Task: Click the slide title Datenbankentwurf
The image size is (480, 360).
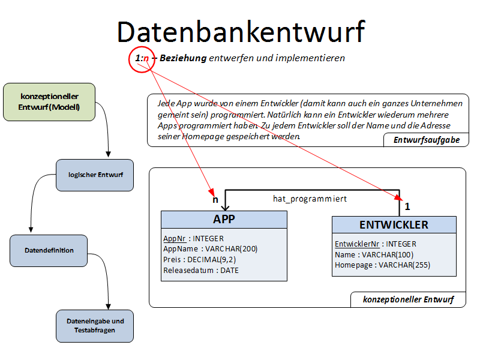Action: click(x=240, y=31)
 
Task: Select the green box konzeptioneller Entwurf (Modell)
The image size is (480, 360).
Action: click(x=49, y=102)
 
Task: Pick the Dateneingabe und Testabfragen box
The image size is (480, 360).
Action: click(x=95, y=326)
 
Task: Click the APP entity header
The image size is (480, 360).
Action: click(x=224, y=220)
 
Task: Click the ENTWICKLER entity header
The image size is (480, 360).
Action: click(x=394, y=225)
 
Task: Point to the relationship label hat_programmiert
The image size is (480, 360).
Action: click(x=310, y=198)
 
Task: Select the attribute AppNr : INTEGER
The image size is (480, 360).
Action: click(x=193, y=238)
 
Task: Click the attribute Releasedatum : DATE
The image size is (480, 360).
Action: click(x=200, y=271)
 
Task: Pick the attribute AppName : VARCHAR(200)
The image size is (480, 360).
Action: click(x=210, y=249)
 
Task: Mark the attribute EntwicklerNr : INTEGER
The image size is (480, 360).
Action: click(x=375, y=244)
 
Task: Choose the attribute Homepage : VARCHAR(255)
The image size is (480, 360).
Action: click(x=382, y=265)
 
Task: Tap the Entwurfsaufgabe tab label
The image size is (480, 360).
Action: click(x=427, y=140)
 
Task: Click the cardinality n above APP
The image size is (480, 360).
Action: click(x=214, y=199)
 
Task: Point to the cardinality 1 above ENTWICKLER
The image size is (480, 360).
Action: click(x=407, y=206)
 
